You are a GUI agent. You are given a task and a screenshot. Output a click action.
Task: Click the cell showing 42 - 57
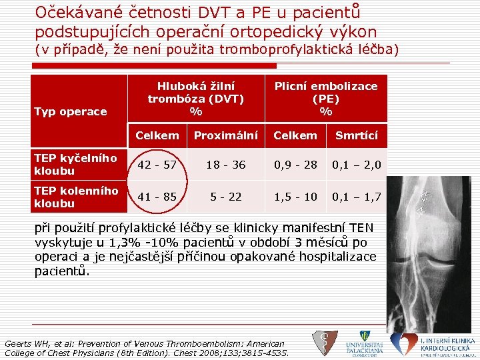tap(157, 164)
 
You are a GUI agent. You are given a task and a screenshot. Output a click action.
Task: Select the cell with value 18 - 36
tap(225, 164)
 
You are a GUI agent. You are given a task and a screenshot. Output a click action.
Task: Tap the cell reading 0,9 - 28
tap(295, 164)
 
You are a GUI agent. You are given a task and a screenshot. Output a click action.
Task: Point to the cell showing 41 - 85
tap(157, 197)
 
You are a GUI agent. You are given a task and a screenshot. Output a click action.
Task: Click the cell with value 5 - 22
tap(225, 197)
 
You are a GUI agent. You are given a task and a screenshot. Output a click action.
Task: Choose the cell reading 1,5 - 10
tap(295, 197)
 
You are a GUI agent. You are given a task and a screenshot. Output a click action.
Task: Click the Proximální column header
tap(225, 136)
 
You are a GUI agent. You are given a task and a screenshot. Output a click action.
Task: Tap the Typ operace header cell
tap(70, 111)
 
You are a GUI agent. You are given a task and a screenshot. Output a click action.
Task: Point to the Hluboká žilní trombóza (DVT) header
tap(195, 98)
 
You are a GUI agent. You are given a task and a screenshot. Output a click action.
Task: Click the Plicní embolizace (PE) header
tap(326, 98)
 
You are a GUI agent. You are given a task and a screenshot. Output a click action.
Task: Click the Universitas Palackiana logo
tap(364, 343)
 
